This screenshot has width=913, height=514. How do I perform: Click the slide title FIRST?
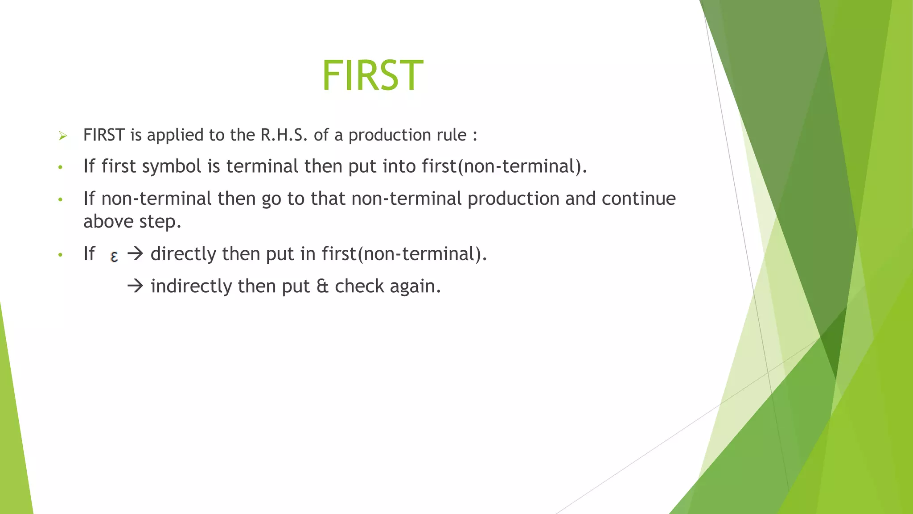coord(372,76)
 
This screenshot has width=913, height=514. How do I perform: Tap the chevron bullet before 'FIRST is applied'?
coord(63,136)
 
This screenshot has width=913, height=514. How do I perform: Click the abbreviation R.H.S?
coord(284,135)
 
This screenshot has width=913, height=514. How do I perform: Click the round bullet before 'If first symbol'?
coord(60,168)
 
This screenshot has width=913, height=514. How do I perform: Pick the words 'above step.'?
coord(132,222)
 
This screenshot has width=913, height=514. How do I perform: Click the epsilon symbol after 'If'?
coord(114,256)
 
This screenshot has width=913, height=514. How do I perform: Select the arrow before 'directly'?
coord(135,254)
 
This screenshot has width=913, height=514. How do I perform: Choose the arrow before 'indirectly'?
coord(135,286)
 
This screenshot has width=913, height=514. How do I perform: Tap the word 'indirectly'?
coord(191,286)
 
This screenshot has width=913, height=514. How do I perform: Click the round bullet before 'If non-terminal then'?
coord(60,200)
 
